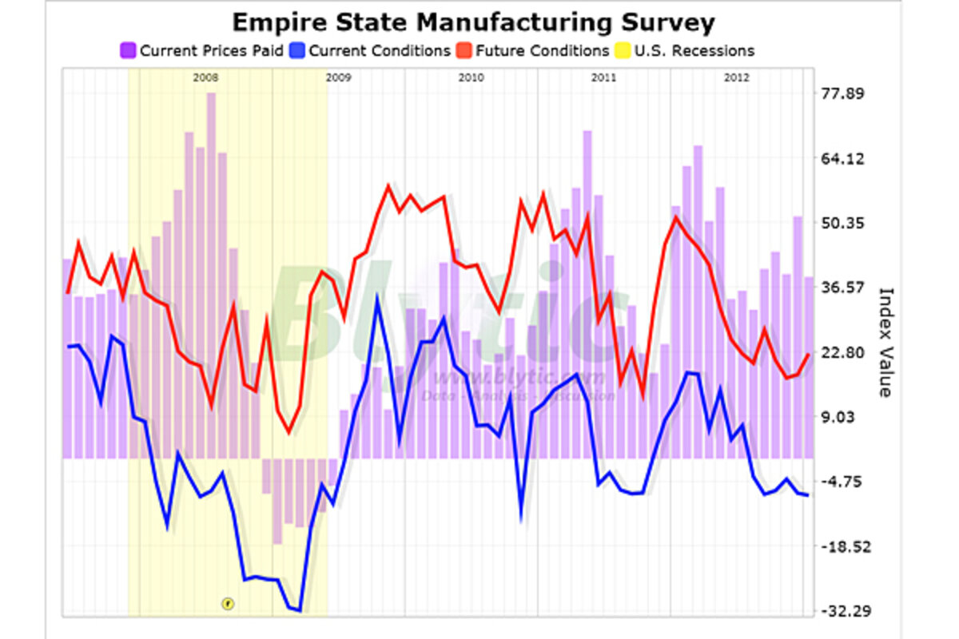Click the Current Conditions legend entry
(x=372, y=50)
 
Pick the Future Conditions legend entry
(x=535, y=50)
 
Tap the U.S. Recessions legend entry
(x=686, y=50)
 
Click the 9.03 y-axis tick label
(x=848, y=417)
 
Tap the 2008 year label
(x=205, y=77)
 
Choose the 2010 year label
(x=471, y=77)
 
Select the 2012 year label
(x=736, y=77)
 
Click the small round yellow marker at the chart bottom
(x=227, y=604)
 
